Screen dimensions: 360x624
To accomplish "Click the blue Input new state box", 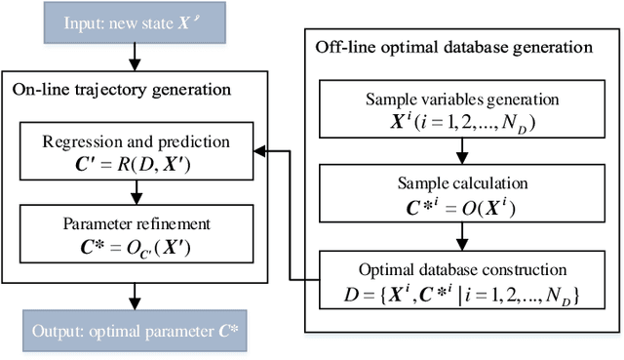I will click(x=134, y=24).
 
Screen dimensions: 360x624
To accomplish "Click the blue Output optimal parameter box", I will click(x=134, y=333).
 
